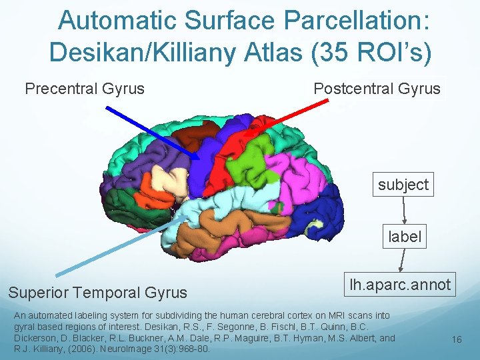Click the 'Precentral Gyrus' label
(x=85, y=89)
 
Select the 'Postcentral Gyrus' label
(x=377, y=89)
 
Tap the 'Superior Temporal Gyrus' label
(x=97, y=292)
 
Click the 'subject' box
(x=403, y=185)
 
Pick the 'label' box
(x=405, y=237)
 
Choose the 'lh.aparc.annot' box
(x=400, y=285)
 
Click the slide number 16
(x=457, y=340)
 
